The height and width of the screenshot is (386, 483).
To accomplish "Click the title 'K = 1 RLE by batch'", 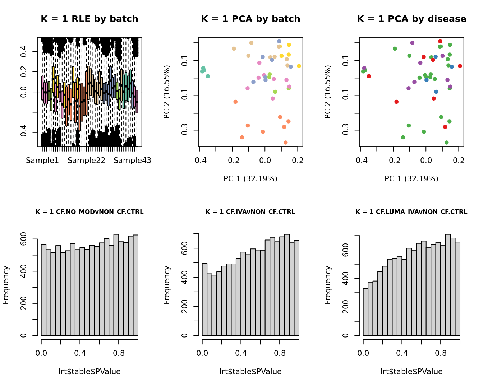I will tap(89, 19).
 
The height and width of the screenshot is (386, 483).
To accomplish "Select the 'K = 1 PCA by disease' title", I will tap(411, 19).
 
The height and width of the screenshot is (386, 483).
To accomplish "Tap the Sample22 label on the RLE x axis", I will tap(86, 161).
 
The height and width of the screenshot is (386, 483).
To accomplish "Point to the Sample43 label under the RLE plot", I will tap(132, 161).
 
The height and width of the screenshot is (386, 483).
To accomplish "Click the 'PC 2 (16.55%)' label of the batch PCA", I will tap(167, 92).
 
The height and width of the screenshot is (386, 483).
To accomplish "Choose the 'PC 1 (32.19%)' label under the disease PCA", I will tap(411, 179).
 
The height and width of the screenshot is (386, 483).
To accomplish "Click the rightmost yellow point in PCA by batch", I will tap(299, 66).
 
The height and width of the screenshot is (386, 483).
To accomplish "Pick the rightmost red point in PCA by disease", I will tap(460, 66).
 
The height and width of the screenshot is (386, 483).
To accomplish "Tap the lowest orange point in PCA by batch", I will tap(286, 143).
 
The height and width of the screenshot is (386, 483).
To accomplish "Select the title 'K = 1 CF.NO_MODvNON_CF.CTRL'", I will tap(89, 212).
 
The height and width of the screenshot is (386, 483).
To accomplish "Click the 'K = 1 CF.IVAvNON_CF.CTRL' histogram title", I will tap(250, 212).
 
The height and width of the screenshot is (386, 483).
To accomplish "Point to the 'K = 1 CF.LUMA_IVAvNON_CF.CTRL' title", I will tap(411, 212).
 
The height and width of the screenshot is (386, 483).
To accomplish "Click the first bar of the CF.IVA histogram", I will tap(204, 299).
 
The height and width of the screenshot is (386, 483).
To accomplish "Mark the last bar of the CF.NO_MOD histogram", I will tap(135, 285).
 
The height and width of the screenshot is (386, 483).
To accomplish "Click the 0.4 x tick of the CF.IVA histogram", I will tap(241, 353).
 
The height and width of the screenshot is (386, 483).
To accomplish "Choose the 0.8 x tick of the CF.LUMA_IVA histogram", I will tap(441, 353).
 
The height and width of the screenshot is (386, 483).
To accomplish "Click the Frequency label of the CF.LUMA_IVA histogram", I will tap(328, 285).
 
